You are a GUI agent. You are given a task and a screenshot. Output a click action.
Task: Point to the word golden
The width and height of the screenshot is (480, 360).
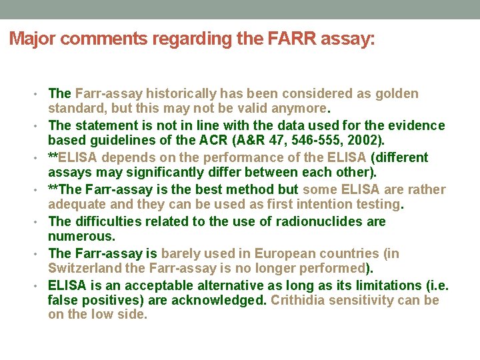[397, 93]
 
